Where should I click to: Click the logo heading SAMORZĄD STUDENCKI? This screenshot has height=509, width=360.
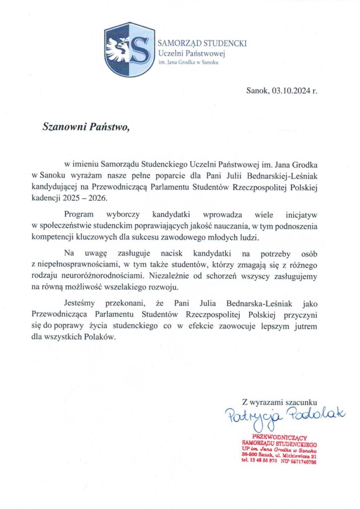tap(202, 43)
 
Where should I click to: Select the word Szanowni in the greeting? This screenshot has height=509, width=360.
tap(63, 128)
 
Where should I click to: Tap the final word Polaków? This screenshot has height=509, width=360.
tap(102, 337)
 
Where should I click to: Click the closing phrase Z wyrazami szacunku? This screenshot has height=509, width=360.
tap(279, 401)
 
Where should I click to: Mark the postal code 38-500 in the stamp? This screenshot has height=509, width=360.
tap(250, 455)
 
